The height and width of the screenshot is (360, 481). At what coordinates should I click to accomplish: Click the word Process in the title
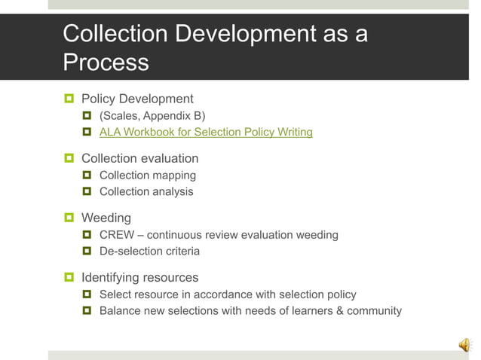coord(106,62)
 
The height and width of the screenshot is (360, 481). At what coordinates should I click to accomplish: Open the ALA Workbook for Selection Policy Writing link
coord(206,133)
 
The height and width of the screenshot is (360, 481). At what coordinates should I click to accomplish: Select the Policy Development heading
coord(137,99)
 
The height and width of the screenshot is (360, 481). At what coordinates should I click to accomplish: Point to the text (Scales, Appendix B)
coord(152,116)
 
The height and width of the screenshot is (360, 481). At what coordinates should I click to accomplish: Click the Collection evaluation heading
coord(139,158)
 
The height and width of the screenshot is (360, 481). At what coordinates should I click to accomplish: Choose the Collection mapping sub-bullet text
coord(148,175)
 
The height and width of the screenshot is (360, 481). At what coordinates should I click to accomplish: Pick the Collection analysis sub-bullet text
coord(146,191)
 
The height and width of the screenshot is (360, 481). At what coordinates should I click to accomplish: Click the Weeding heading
coord(106,218)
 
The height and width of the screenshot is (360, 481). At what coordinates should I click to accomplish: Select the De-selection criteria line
coord(149,251)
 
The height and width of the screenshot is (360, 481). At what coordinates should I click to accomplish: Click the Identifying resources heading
coord(139,277)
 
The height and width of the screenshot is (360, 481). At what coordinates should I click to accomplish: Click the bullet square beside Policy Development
coord(69,99)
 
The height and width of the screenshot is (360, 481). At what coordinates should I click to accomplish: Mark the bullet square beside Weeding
coord(69,218)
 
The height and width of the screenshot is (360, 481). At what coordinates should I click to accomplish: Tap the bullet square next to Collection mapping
coord(87,175)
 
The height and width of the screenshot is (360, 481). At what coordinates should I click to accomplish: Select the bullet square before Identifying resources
coord(69,277)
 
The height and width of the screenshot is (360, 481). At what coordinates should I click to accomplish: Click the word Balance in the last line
coord(121,310)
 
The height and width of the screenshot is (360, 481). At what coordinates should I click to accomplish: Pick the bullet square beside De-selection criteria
coord(87,251)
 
